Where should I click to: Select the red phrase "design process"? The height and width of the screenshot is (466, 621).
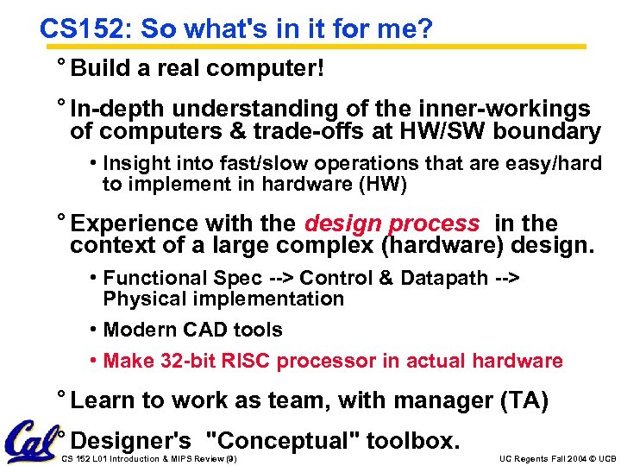click(x=392, y=224)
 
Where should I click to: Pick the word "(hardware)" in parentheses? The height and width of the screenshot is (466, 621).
click(x=448, y=246)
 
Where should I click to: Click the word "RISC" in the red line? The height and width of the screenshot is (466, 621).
click(x=242, y=361)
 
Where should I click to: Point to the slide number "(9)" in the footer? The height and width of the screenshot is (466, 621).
click(x=229, y=457)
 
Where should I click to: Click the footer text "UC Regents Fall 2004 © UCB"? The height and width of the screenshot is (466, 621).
click(x=558, y=457)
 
